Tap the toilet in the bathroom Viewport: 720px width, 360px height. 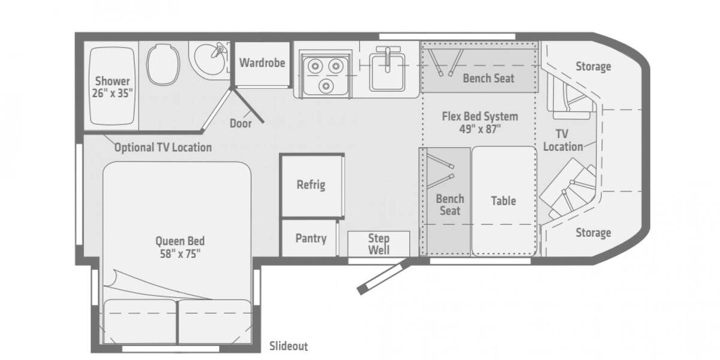click(x=163, y=64)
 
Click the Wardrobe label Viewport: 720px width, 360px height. click(x=262, y=62)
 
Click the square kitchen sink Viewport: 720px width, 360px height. click(x=387, y=70)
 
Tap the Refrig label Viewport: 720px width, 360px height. click(x=311, y=184)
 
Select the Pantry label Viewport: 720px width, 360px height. click(x=311, y=238)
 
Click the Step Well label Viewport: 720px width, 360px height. click(x=379, y=244)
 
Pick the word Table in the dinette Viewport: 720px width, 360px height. click(x=503, y=200)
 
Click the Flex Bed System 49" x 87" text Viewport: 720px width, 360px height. click(x=479, y=122)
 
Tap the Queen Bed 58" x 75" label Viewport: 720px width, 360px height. click(x=176, y=247)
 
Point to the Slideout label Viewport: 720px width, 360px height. click(x=289, y=346)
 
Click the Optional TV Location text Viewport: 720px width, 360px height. click(x=163, y=147)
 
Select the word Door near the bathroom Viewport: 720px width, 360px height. click(x=241, y=124)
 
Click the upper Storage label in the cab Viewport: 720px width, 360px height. click(x=593, y=67)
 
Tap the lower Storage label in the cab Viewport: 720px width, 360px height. click(x=593, y=232)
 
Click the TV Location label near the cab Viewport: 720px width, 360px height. click(x=563, y=140)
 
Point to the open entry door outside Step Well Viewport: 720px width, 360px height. click(x=382, y=277)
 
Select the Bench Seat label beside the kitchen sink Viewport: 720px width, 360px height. click(x=488, y=78)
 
